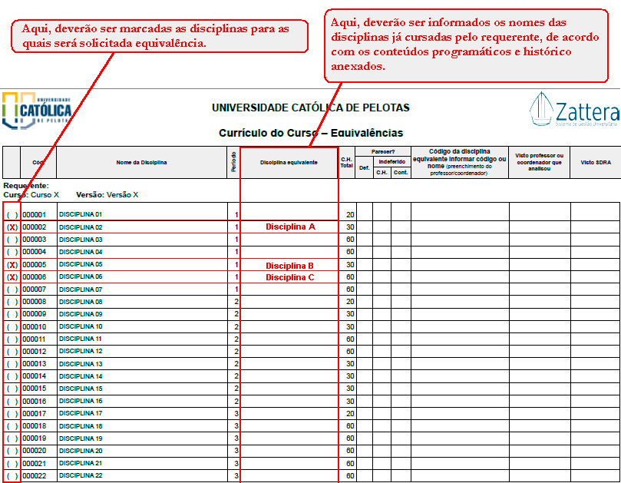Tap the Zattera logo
point(573,111)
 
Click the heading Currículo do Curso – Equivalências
point(311,133)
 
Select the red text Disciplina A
point(290,227)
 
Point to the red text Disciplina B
point(290,265)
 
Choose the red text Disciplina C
point(290,277)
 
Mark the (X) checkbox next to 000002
point(12,228)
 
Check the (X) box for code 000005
point(12,266)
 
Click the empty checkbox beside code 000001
point(12,215)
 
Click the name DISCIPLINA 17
point(81,414)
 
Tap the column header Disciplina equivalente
point(289,163)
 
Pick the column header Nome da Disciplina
point(141,163)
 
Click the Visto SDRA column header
point(595,163)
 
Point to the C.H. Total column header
point(346,162)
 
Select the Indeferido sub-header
point(391,162)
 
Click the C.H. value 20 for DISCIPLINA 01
point(350,215)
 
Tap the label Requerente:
point(26,186)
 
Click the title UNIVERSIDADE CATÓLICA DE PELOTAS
point(311,108)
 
